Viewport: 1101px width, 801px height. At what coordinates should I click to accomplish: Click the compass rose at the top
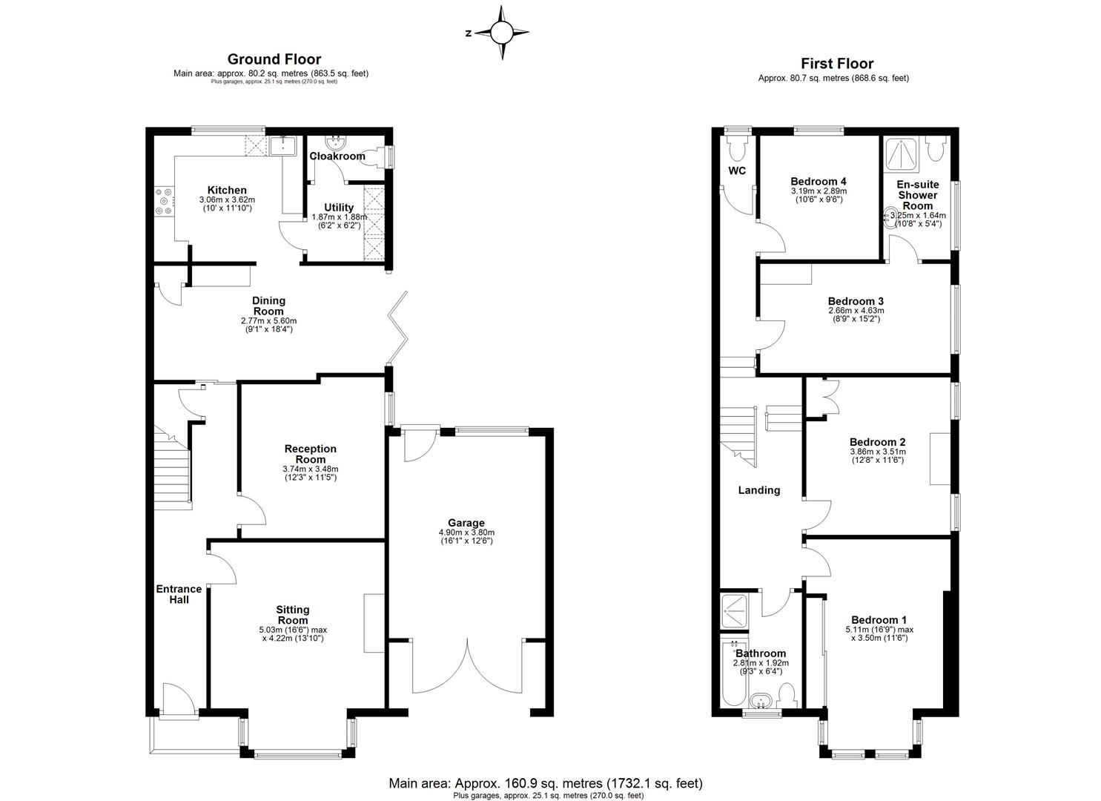[x=502, y=32]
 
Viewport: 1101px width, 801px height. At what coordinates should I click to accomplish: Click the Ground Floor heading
[x=274, y=59]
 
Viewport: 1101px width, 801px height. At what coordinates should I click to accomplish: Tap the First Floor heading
[x=836, y=64]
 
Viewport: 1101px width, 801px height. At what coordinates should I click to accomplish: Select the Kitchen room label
[x=227, y=191]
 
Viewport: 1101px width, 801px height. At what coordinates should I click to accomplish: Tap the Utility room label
[x=339, y=208]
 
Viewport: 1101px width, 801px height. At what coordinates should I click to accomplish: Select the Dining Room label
[x=269, y=306]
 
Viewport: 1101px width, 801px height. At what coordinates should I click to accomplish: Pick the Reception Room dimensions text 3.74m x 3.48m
[x=311, y=469]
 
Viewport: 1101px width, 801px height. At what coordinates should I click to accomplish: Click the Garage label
[x=466, y=522]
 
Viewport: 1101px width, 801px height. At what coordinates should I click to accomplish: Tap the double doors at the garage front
[x=468, y=664]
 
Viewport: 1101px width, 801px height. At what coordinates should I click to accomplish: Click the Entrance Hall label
[x=179, y=594]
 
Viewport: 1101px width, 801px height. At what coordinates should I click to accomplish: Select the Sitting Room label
[x=293, y=615]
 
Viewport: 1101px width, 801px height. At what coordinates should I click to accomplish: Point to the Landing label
[x=758, y=490]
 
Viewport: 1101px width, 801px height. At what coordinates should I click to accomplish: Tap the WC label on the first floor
[x=736, y=171]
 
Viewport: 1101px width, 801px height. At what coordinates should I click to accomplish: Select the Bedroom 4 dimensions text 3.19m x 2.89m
[x=818, y=191]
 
